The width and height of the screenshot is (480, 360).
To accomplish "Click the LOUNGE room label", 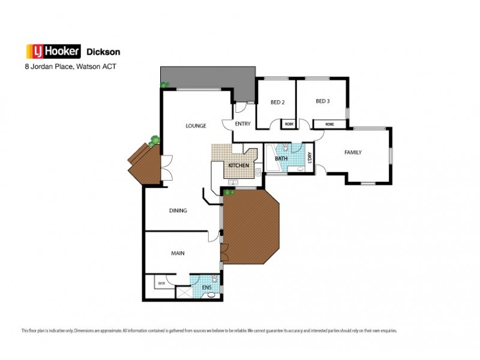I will pyautogui.click(x=196, y=126).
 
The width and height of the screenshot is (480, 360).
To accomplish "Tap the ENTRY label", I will pyautogui.click(x=243, y=124).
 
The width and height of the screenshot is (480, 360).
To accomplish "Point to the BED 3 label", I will pyautogui.click(x=323, y=101).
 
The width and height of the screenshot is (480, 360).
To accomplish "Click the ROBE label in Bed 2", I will pyautogui.click(x=289, y=124).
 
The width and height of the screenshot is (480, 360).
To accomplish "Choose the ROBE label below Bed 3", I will pyautogui.click(x=329, y=124).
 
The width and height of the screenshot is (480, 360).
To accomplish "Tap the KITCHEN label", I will pyautogui.click(x=238, y=164).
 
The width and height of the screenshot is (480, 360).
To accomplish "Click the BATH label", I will pyautogui.click(x=281, y=159).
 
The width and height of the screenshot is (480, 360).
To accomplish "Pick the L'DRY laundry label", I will pyautogui.click(x=310, y=158).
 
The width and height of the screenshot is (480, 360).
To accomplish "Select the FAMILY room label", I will pyautogui.click(x=352, y=152).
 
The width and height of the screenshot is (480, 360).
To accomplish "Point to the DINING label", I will pyautogui.click(x=178, y=211).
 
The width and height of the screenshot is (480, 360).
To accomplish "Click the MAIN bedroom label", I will pyautogui.click(x=178, y=253).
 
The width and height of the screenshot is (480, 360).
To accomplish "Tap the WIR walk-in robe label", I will pyautogui.click(x=161, y=283).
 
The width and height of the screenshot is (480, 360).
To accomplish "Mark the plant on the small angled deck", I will pyautogui.click(x=155, y=140).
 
